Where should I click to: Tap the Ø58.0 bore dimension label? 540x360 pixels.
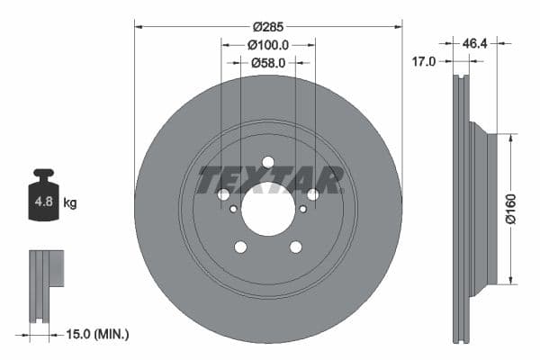coord(267,63)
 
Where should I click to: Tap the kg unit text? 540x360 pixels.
coord(69,202)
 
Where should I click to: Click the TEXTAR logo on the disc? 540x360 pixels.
coord(269,180)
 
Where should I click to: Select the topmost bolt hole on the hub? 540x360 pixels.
coord(267,162)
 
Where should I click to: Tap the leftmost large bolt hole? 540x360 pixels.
coord(223,194)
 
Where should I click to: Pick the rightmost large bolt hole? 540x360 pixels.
coord(312,194)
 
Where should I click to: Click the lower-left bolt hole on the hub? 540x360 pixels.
coord(240,247)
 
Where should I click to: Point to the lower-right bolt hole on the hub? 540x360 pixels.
coord(295,247)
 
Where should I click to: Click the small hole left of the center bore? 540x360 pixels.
coord(234,209)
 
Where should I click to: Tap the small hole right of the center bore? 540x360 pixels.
coord(302,209)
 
